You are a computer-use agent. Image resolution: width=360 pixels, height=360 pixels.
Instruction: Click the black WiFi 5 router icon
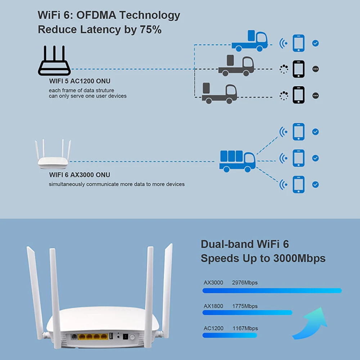tap(54, 61)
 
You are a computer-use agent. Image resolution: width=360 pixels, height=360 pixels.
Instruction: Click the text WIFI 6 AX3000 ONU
tap(80, 175)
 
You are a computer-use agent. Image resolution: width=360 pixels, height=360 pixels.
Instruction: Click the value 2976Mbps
tap(245, 283)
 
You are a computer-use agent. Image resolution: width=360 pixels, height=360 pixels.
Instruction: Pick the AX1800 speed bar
tap(247, 312)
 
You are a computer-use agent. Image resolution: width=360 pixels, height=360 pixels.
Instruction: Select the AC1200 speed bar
tap(230, 335)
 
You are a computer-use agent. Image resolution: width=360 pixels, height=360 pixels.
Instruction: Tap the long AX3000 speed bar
tap(272, 291)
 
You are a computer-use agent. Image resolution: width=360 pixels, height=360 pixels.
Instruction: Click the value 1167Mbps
tap(245, 328)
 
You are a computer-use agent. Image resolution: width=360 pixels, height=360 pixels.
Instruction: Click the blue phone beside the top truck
tap(298, 43)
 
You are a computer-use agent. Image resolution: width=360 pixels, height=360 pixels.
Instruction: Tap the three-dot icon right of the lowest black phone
tap(316, 95)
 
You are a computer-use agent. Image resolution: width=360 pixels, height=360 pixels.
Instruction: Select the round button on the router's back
tap(132, 337)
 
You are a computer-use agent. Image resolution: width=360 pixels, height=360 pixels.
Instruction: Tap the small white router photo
tap(53, 156)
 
